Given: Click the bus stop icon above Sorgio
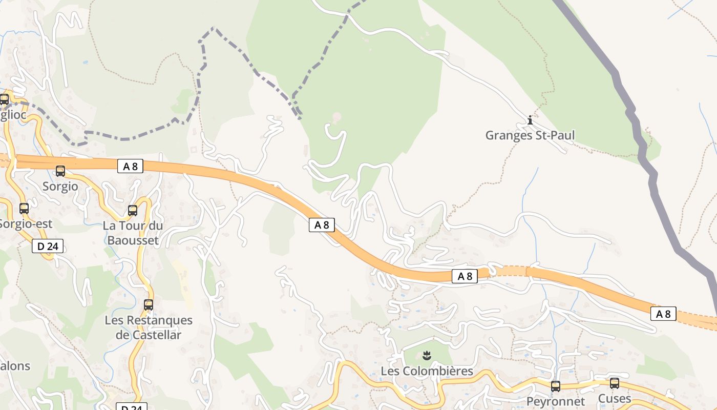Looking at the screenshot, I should [x=60, y=171].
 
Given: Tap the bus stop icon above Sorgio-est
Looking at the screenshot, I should [x=24, y=209].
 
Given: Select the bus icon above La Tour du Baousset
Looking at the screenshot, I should [x=133, y=211].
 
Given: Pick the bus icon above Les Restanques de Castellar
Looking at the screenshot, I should [x=149, y=305].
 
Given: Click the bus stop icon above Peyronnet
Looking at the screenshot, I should [x=556, y=386].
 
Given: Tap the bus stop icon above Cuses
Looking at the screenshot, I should [x=615, y=383].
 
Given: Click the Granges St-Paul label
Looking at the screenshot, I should [x=530, y=135].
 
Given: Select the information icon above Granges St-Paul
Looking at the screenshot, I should [x=530, y=120].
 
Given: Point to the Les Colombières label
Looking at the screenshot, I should [x=427, y=371].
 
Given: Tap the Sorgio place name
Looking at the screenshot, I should [x=60, y=186].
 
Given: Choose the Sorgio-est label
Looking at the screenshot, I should [x=26, y=223].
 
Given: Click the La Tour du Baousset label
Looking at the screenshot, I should [x=133, y=233].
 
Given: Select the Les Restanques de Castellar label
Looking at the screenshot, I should [x=149, y=327].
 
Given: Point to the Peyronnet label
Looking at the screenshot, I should [x=556, y=401].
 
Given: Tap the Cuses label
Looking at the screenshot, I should [x=615, y=398].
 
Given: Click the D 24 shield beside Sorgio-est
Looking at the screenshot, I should [x=48, y=246].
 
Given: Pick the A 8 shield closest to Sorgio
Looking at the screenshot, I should [x=130, y=166].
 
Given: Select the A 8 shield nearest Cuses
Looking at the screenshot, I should [x=663, y=314].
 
